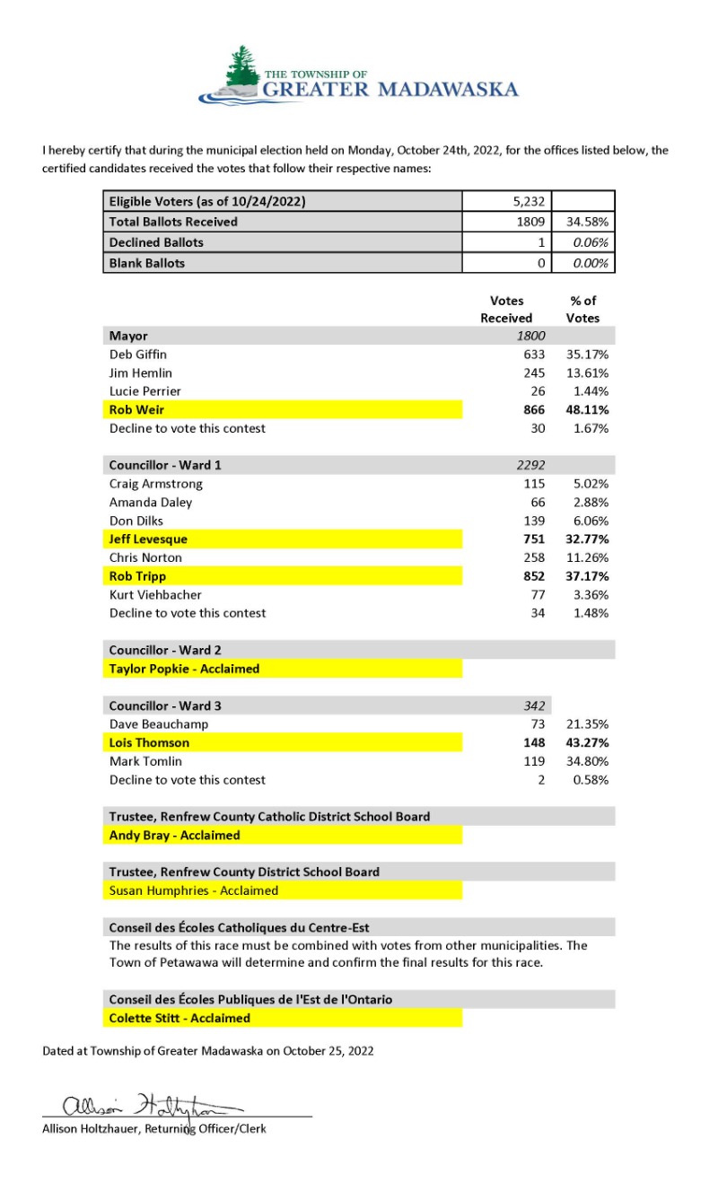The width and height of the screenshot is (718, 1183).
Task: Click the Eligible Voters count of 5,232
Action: click(536, 202)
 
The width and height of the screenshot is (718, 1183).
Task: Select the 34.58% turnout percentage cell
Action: click(588, 221)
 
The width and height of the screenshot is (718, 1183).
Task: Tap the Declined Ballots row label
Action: click(156, 242)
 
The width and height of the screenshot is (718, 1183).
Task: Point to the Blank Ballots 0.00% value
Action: click(591, 263)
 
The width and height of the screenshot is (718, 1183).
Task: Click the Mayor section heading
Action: click(128, 336)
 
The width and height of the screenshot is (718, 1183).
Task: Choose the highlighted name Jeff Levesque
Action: click(148, 539)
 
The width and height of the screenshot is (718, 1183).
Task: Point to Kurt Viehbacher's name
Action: click(155, 594)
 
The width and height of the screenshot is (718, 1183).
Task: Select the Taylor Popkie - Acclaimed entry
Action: click(184, 669)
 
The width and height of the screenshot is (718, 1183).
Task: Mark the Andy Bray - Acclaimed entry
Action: click(174, 835)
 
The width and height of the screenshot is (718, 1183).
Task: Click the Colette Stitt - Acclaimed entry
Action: click(179, 1018)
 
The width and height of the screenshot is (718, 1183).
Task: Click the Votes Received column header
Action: click(506, 310)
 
